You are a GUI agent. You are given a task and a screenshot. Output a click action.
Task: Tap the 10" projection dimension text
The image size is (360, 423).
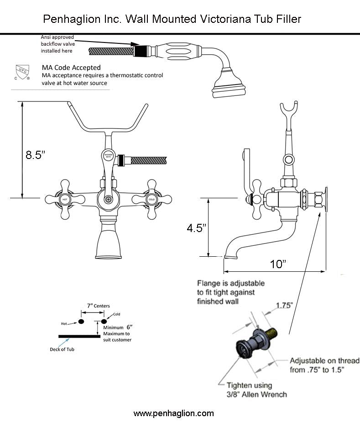(277, 264)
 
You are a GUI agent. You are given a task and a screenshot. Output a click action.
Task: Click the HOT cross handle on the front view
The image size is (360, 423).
(65, 199)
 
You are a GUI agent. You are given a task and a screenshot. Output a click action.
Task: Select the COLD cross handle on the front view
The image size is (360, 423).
(151, 199)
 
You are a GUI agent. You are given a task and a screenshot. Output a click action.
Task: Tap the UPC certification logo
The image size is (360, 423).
(22, 73)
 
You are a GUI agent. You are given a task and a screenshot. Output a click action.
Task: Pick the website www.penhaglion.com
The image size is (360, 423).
(173, 413)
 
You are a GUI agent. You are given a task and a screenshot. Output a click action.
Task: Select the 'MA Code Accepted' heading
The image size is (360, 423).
(71, 68)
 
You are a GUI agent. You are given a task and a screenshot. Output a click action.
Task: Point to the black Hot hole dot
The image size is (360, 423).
(81, 322)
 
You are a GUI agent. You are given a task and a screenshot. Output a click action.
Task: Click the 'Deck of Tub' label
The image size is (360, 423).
(61, 350)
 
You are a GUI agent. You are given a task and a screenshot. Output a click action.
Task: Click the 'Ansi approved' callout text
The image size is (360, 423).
(57, 37)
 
